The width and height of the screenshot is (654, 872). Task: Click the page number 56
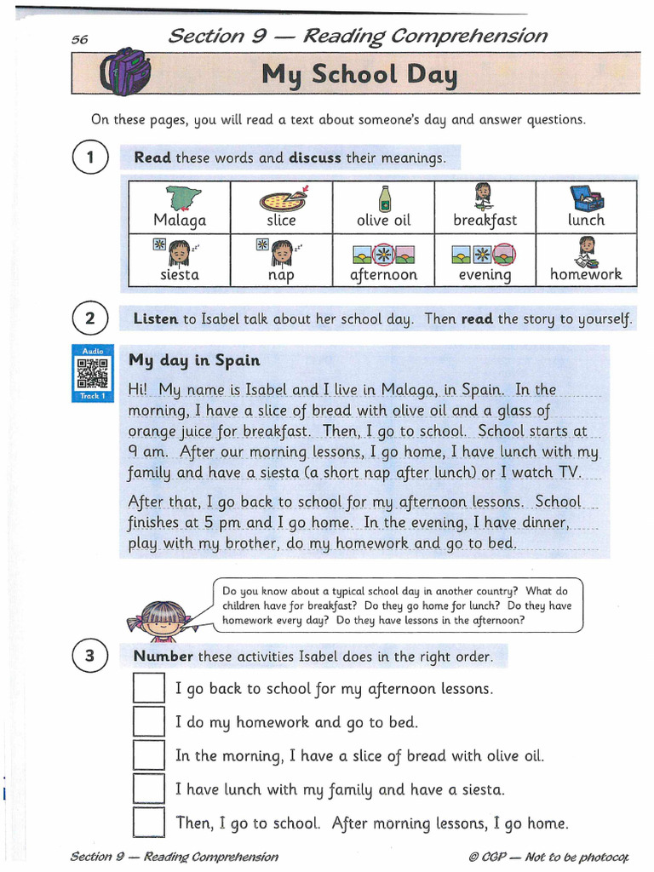80,39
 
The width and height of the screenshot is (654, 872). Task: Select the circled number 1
90,158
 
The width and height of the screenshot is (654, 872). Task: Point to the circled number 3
90,657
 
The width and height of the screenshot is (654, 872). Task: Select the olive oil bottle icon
384,198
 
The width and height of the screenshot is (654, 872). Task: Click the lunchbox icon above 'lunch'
586,198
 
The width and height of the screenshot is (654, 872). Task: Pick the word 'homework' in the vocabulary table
586,274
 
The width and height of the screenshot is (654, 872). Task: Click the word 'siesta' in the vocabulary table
180,275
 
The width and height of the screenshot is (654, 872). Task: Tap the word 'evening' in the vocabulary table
485,275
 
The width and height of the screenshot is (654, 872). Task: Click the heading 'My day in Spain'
194,360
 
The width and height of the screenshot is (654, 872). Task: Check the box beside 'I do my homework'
149,722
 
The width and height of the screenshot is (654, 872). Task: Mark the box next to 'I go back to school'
149,688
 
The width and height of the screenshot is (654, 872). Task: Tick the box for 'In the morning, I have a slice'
149,755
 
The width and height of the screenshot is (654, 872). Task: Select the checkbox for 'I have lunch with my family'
149,789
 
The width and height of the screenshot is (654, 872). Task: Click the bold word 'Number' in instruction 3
163,657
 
